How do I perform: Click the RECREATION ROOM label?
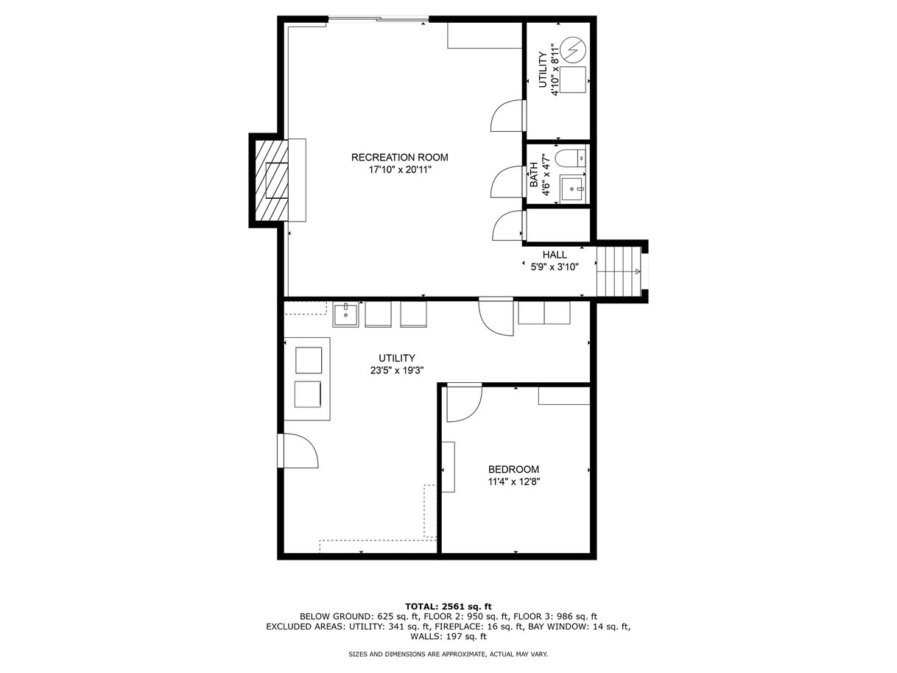pos(399,158)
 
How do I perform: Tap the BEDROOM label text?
pos(513,469)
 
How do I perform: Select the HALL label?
pos(555,255)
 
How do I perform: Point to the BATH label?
pos(534,175)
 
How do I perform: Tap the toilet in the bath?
pos(571,158)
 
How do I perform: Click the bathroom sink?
pos(572,188)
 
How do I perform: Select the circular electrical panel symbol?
pos(572,49)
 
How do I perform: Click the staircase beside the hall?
pos(617,271)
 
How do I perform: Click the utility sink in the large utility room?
pos(345,314)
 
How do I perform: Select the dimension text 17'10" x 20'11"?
pos(400,169)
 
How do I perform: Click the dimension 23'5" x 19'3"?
pos(396,370)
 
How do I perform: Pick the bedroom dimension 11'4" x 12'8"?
pos(514,482)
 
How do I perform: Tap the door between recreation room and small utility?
pos(508,116)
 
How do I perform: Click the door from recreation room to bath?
pos(508,183)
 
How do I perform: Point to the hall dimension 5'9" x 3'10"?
pos(555,267)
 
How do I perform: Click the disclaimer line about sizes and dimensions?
pos(448,654)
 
